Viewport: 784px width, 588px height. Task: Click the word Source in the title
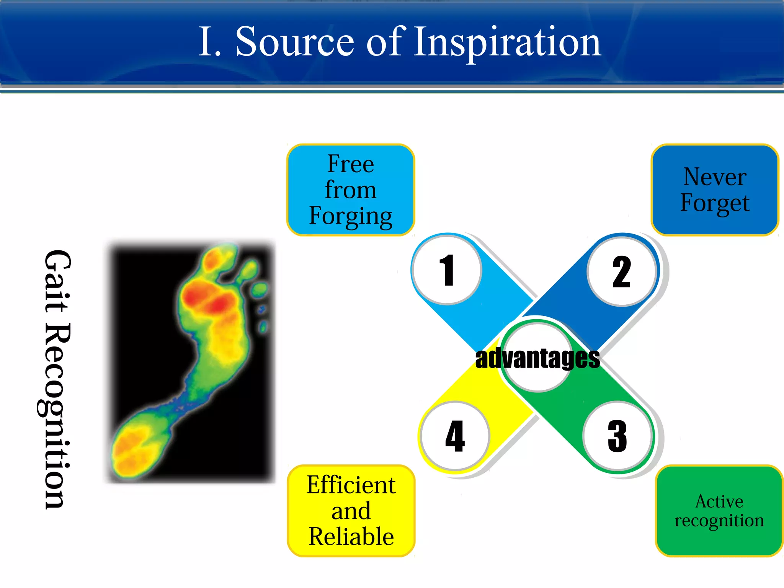click(x=295, y=42)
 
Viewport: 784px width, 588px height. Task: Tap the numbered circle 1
click(x=447, y=270)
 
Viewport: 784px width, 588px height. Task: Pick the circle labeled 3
click(x=617, y=436)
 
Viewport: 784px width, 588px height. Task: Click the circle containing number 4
click(x=455, y=436)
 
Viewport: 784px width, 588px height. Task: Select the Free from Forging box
click(x=351, y=190)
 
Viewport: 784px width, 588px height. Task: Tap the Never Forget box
click(x=715, y=190)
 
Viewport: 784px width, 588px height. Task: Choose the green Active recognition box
click(x=719, y=511)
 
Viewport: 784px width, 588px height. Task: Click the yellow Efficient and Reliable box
click(x=351, y=511)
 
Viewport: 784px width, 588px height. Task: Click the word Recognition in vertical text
click(x=57, y=415)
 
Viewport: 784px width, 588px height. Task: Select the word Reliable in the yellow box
click(x=351, y=536)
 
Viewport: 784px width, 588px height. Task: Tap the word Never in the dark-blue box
click(x=715, y=177)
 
